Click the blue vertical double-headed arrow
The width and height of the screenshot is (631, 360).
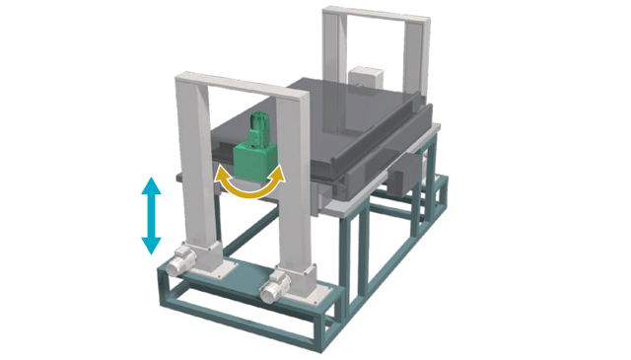click(x=150, y=214)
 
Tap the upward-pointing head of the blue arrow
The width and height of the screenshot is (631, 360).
click(x=150, y=184)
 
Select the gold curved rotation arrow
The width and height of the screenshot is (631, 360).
click(x=250, y=188)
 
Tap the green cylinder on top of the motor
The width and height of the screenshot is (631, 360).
click(x=260, y=125)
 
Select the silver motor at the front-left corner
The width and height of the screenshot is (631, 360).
click(x=179, y=263)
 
